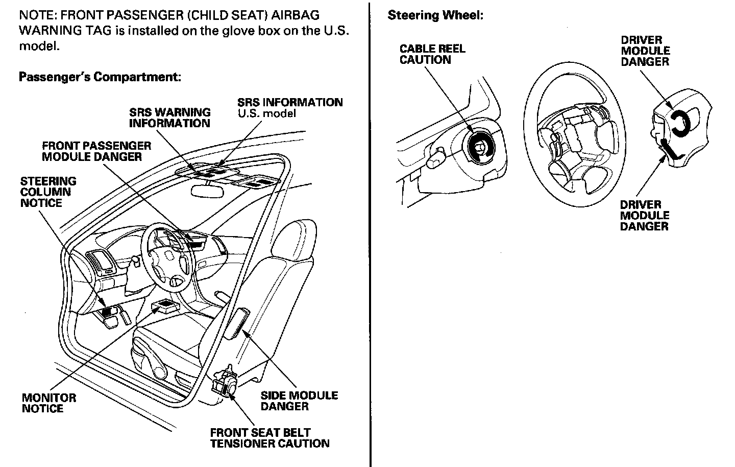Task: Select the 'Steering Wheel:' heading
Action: coord(435,15)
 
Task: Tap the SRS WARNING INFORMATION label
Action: coord(169,118)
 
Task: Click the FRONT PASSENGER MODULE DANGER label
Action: coord(96,151)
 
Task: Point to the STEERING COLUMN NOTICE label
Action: coord(48,192)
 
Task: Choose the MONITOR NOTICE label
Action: coord(48,403)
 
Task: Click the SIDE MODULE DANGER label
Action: coord(299,401)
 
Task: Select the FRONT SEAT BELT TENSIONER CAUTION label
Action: coord(269,438)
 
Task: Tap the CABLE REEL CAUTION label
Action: coord(432,54)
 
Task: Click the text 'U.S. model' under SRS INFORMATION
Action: coord(266,113)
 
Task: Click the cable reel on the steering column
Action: coord(479,147)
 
